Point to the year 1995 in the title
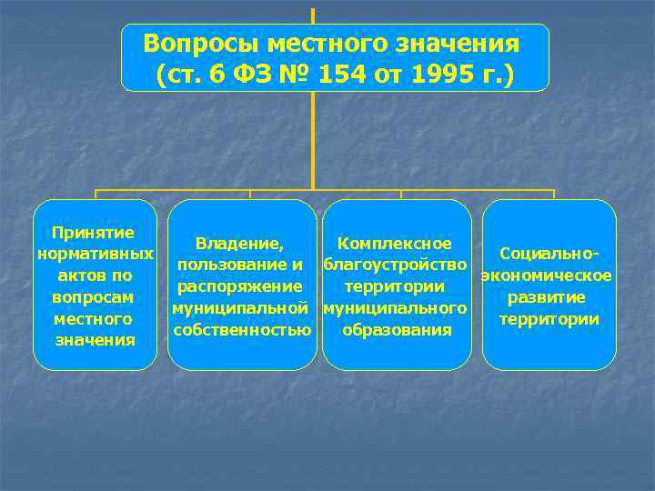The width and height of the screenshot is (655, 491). click(446, 75)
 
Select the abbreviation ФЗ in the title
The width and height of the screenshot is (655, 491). click(257, 75)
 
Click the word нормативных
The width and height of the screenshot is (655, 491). click(95, 254)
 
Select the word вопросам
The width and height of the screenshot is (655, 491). click(95, 297)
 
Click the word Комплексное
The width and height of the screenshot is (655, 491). click(395, 244)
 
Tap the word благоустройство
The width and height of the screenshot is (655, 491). click(396, 266)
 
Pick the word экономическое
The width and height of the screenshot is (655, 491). click(547, 276)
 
